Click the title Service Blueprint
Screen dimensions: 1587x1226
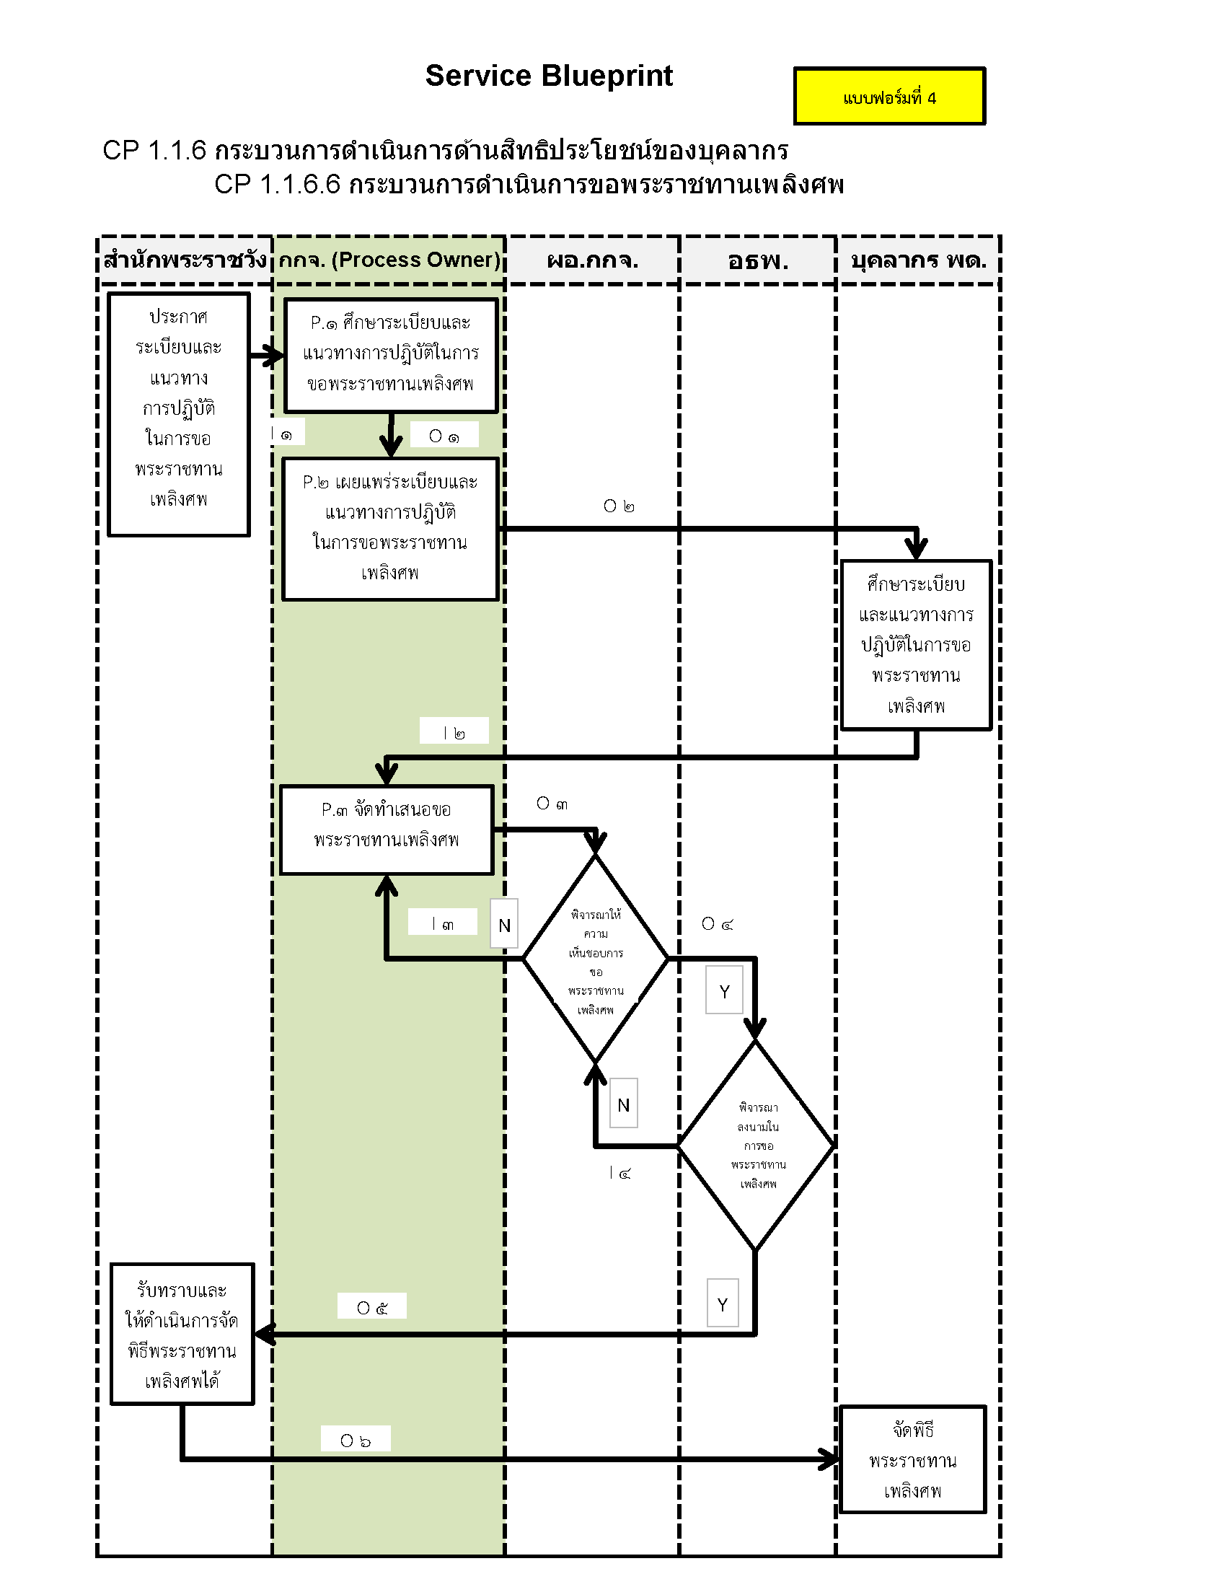[548, 76]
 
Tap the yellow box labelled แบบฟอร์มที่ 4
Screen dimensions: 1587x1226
[889, 97]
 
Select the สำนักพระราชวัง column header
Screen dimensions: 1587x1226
[185, 260]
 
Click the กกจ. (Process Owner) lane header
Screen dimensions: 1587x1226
[389, 260]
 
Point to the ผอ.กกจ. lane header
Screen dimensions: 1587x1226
[592, 260]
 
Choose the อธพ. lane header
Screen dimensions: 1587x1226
[757, 260]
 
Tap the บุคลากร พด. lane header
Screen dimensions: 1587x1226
[918, 260]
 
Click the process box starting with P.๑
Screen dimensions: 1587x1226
[391, 356]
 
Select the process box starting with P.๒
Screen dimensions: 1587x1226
[390, 528]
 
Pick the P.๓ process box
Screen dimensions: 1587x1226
[387, 829]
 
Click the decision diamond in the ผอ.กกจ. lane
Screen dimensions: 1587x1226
[596, 959]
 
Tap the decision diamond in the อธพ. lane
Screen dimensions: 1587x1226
[757, 1146]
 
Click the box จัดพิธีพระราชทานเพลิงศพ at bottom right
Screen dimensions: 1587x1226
[912, 1460]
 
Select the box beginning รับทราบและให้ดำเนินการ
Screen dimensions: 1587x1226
[182, 1334]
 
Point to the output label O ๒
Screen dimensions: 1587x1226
[619, 506]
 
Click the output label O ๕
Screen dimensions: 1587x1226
[372, 1306]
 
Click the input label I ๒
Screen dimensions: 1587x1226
[454, 731]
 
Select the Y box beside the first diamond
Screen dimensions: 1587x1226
[724, 990]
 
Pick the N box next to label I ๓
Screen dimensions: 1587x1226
[504, 923]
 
